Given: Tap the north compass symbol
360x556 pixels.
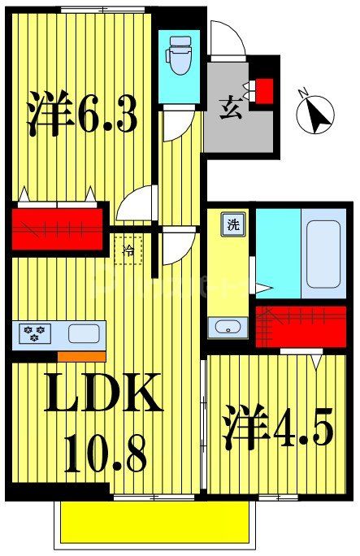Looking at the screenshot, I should (x=316, y=115).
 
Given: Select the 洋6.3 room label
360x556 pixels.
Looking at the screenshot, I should (x=82, y=115).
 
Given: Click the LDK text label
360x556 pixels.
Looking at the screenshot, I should (x=100, y=397).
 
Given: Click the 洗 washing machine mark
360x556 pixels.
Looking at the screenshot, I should (x=232, y=224).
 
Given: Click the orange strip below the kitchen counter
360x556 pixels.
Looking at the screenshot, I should (x=80, y=355).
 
